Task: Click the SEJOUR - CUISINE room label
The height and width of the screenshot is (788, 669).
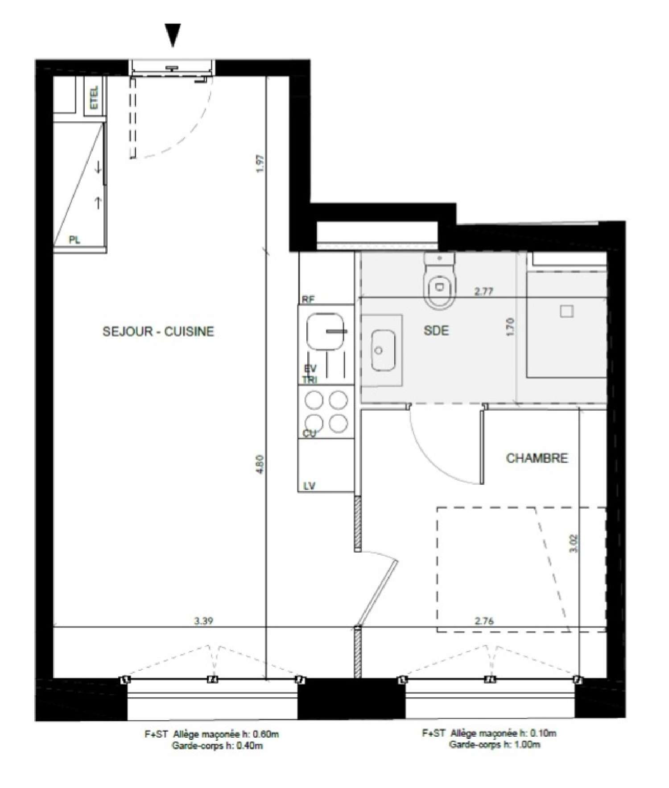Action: click(158, 332)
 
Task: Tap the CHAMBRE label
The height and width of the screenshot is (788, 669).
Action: click(537, 458)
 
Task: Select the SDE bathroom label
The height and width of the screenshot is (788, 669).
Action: click(436, 330)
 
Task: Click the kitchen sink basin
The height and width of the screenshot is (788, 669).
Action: click(326, 332)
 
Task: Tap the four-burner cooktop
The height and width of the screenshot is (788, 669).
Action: click(326, 411)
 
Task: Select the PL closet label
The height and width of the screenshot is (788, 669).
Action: click(74, 240)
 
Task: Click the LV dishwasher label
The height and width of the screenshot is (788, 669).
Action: click(309, 486)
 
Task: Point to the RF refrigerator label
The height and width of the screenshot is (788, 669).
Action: click(308, 300)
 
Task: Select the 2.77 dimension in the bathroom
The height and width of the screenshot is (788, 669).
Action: click(484, 292)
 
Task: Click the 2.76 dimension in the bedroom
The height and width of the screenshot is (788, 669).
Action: click(484, 621)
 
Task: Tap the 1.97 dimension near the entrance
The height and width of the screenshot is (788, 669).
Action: click(262, 163)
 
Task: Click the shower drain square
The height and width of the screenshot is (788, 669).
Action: click(566, 311)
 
